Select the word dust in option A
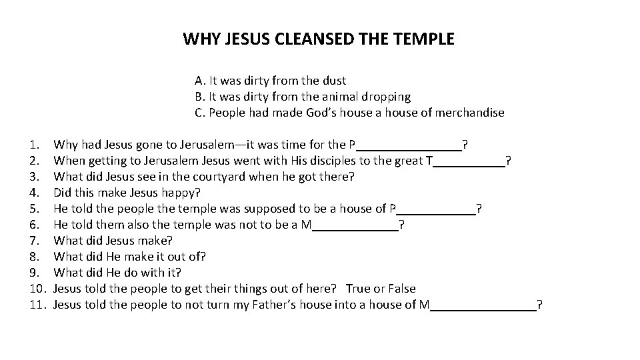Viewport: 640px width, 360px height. [334, 81]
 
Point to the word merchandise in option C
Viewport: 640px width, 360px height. [469, 113]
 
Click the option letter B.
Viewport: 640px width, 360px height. [198, 97]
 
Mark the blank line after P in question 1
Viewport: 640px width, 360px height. [409, 145]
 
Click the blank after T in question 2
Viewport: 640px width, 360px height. [469, 161]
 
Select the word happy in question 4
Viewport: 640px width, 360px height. [180, 193]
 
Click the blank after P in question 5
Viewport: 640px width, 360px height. [436, 209]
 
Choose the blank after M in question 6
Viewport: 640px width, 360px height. [355, 225]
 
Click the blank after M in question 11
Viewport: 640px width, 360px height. [483, 305]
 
